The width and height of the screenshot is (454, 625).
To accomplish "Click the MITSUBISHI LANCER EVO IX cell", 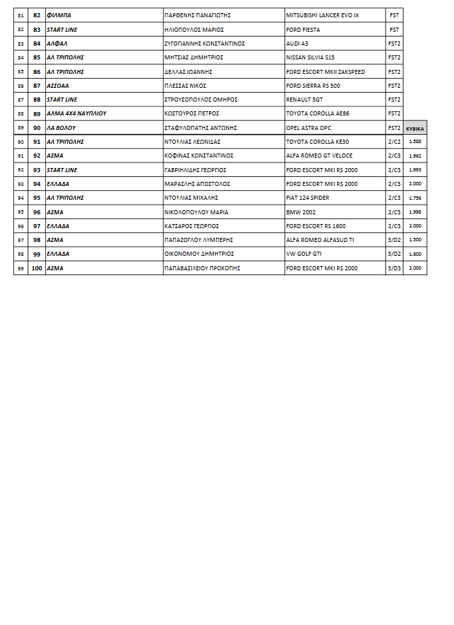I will point(323,15).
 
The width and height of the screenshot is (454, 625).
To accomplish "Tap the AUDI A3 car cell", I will point(297,44).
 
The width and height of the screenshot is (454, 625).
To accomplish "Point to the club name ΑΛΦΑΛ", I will point(55,44).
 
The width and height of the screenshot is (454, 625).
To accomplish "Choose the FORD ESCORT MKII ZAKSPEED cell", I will point(325,72).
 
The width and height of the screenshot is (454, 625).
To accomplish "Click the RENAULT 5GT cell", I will point(305,100).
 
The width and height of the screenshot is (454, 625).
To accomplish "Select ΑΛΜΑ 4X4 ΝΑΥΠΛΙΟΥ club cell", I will point(76,113).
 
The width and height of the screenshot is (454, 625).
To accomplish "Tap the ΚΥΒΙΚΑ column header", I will point(415,129).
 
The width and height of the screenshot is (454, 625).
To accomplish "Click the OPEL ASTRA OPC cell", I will point(309,128).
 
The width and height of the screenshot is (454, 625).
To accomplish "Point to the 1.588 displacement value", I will point(415,142).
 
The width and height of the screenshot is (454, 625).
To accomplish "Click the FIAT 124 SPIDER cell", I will point(309,198).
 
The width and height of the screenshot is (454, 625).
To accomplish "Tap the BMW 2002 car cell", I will point(300,212).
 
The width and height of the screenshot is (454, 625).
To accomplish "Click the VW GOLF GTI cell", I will point(305,254).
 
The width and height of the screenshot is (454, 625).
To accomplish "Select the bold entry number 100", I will point(37,268).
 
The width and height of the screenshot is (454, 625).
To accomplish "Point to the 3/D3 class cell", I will point(394,268).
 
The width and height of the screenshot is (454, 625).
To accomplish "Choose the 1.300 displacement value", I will point(415,240).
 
